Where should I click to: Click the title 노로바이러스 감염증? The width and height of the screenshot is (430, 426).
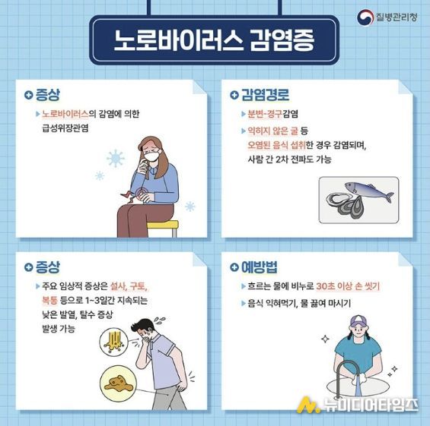[x=214, y=40]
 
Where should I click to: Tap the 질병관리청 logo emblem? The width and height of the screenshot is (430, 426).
[x=365, y=17]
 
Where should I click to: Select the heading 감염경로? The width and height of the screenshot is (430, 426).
[x=265, y=95]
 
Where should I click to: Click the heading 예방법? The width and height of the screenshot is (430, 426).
[x=260, y=267]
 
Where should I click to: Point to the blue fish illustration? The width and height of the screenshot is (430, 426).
[x=369, y=191]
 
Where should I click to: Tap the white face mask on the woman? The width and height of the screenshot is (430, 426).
[x=151, y=156]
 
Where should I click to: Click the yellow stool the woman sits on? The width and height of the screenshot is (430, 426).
[x=163, y=228]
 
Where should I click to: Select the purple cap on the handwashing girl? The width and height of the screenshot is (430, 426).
[x=358, y=320]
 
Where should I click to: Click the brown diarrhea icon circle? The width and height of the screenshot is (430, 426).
[x=118, y=383]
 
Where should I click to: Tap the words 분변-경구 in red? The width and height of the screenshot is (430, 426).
[x=265, y=114]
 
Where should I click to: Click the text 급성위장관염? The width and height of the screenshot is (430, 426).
[x=65, y=128]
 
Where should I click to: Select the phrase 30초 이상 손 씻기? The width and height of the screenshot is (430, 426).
[x=348, y=286]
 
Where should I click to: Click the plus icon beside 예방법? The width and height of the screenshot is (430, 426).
[x=234, y=267]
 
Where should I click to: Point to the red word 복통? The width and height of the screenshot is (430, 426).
[x=49, y=301]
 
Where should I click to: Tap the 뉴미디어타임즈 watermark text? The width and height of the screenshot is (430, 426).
[x=371, y=405]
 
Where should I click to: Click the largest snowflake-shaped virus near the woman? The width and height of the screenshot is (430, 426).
[x=116, y=158]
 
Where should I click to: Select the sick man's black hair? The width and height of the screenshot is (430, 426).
[x=142, y=325]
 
